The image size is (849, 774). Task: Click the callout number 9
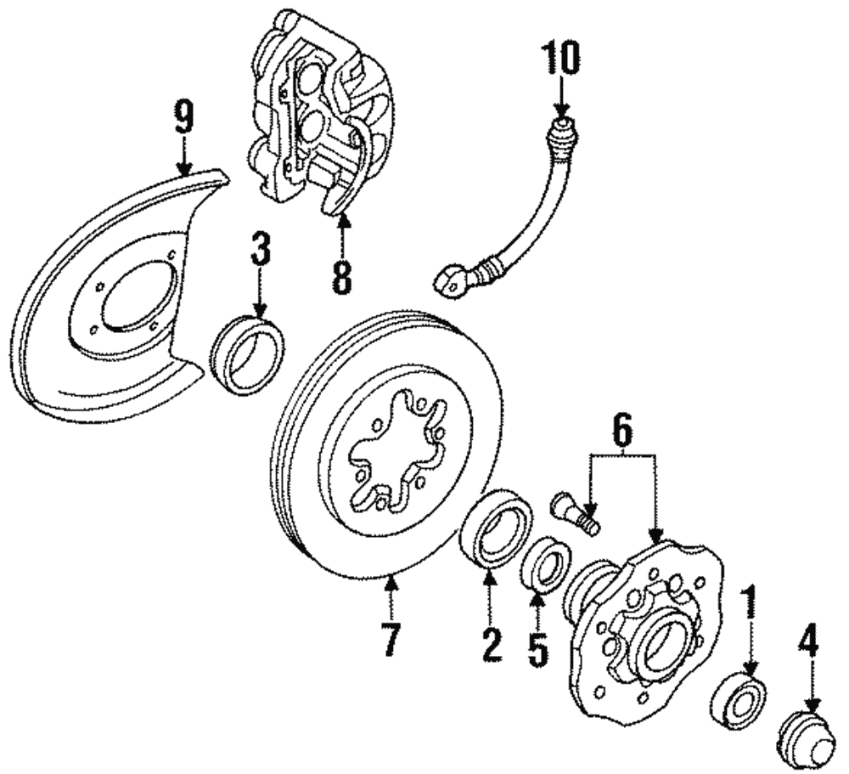(x=183, y=118)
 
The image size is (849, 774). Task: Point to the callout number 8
(x=340, y=278)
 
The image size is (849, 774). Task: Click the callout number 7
(x=390, y=639)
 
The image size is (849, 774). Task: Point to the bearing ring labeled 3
(x=247, y=354)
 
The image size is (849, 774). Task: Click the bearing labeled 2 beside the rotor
(x=496, y=528)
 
